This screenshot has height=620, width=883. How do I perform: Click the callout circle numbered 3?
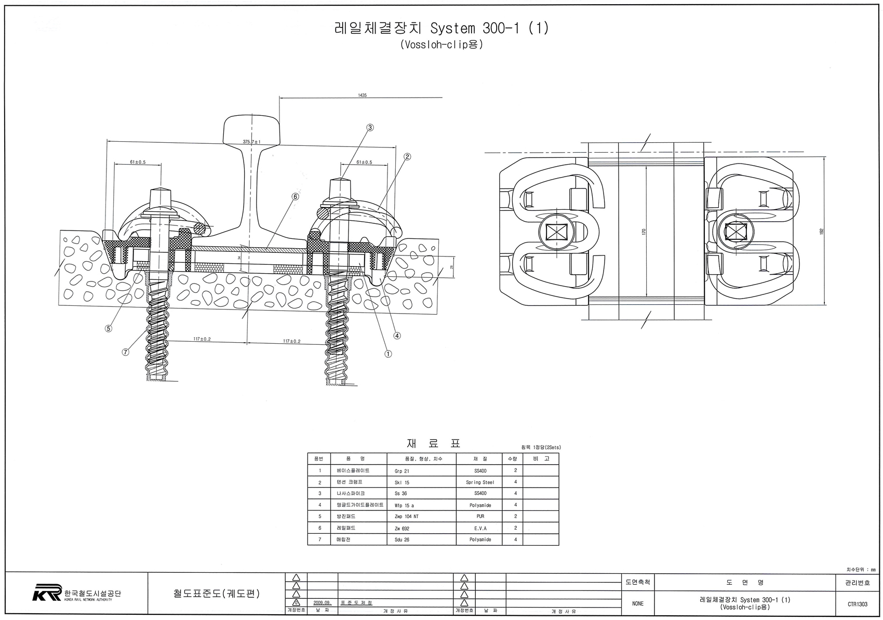click(370, 127)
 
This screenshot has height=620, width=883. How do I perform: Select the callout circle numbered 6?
click(296, 197)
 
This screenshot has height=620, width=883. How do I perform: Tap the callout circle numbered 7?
click(125, 352)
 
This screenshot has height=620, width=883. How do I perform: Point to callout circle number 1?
click(388, 354)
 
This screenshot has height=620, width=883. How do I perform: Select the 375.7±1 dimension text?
click(251, 142)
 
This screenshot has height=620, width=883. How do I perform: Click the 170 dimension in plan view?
click(644, 232)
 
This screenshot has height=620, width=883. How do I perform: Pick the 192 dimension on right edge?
click(822, 231)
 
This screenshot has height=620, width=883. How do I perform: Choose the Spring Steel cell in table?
click(479, 482)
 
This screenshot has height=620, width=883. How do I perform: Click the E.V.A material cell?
click(479, 528)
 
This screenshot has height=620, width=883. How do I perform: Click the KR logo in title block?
click(47, 592)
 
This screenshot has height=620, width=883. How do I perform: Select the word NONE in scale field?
click(637, 604)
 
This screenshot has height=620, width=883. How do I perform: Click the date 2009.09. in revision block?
click(322, 603)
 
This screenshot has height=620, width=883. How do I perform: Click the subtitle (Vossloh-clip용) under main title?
click(441, 45)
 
